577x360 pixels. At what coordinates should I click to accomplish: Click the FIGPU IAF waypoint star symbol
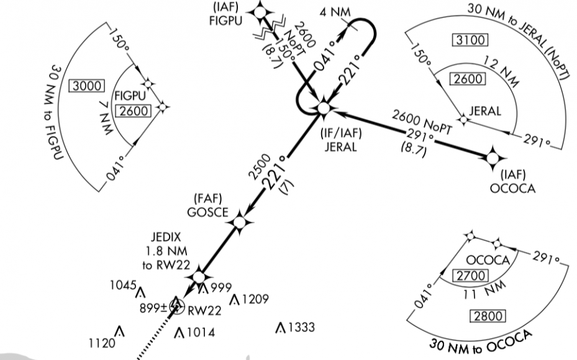[260, 11]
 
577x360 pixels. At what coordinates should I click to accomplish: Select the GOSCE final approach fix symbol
[239, 222]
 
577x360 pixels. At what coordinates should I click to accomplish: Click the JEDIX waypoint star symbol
[199, 277]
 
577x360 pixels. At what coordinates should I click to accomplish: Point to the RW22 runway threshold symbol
[177, 305]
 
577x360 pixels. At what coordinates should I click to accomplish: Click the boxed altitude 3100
[471, 40]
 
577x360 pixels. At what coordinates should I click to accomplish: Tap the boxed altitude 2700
[470, 276]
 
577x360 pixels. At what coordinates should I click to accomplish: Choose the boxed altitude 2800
[488, 317]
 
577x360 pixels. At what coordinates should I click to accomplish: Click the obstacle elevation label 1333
[301, 327]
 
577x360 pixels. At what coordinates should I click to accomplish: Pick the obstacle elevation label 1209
[255, 300]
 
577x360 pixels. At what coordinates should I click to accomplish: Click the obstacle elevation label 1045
[123, 286]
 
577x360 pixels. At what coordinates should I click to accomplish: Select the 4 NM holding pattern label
[332, 12]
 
